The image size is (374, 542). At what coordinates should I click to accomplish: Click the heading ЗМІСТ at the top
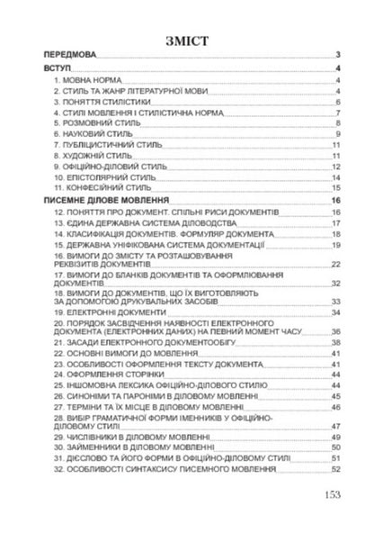click(x=187, y=40)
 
